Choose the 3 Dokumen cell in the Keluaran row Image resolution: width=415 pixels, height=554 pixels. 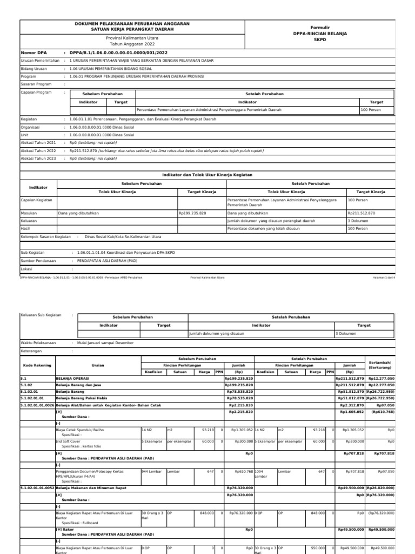(358, 221)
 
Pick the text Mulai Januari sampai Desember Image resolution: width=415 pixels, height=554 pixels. (105, 343)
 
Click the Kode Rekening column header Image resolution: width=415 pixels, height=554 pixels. (36, 365)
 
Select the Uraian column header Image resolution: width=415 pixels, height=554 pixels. (98, 365)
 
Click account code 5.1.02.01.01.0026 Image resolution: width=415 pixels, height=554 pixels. (37, 405)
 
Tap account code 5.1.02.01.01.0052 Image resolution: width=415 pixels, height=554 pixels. (37, 487)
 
